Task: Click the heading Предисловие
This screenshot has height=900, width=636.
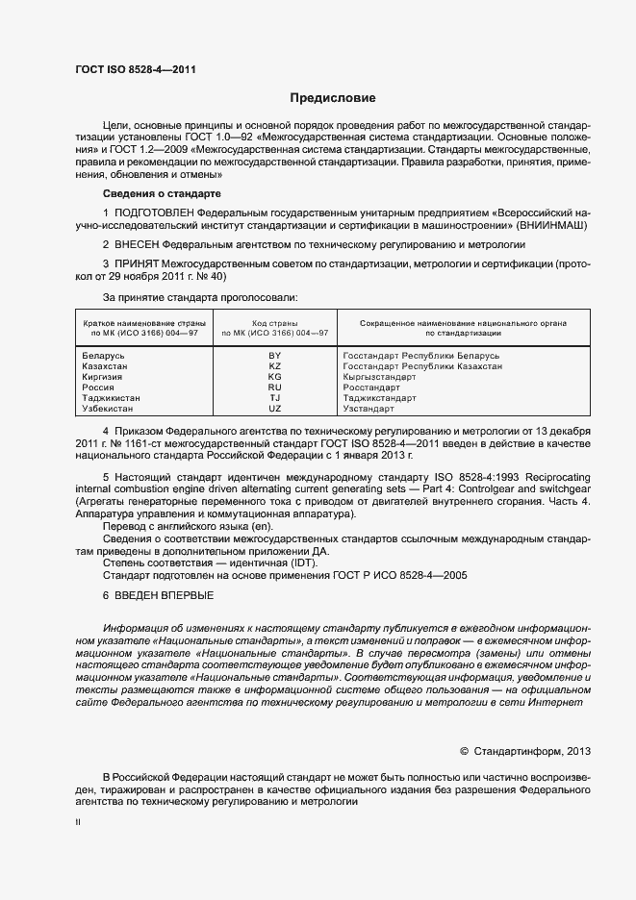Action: pyautogui.click(x=333, y=98)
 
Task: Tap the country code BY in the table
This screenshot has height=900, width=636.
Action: pyautogui.click(x=274, y=356)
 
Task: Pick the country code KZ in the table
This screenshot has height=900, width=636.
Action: pyautogui.click(x=274, y=366)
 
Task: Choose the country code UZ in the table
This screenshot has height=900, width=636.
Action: pyautogui.click(x=274, y=409)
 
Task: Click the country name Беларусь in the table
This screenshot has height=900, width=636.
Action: pyautogui.click(x=105, y=356)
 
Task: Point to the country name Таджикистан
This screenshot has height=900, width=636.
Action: pyautogui.click(x=112, y=398)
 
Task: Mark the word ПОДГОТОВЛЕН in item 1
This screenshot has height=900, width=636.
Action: pyautogui.click(x=155, y=211)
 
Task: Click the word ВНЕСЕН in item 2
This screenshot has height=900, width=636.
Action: pyautogui.click(x=138, y=245)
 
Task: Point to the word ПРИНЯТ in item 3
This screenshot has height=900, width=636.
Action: pyautogui.click(x=137, y=263)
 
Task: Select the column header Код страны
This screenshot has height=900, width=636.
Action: pyautogui.click(x=274, y=323)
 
